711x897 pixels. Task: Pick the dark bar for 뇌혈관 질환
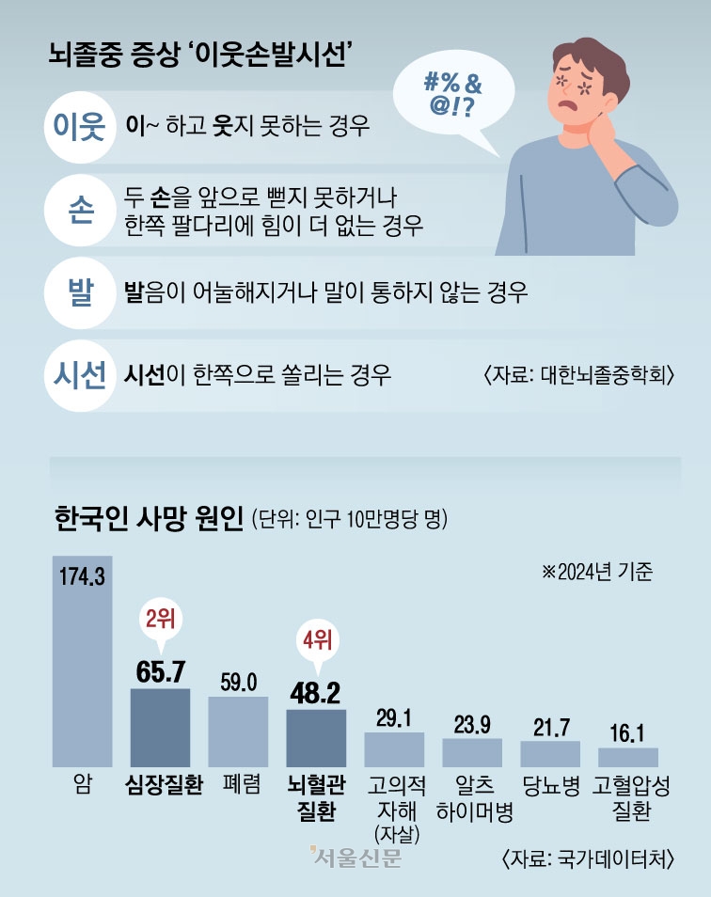pos(317,737)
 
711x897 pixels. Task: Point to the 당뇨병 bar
pos(550,753)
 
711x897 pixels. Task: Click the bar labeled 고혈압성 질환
pos(628,756)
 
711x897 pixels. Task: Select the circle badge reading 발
pos(74,291)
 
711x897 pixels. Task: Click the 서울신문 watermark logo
pos(354,858)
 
